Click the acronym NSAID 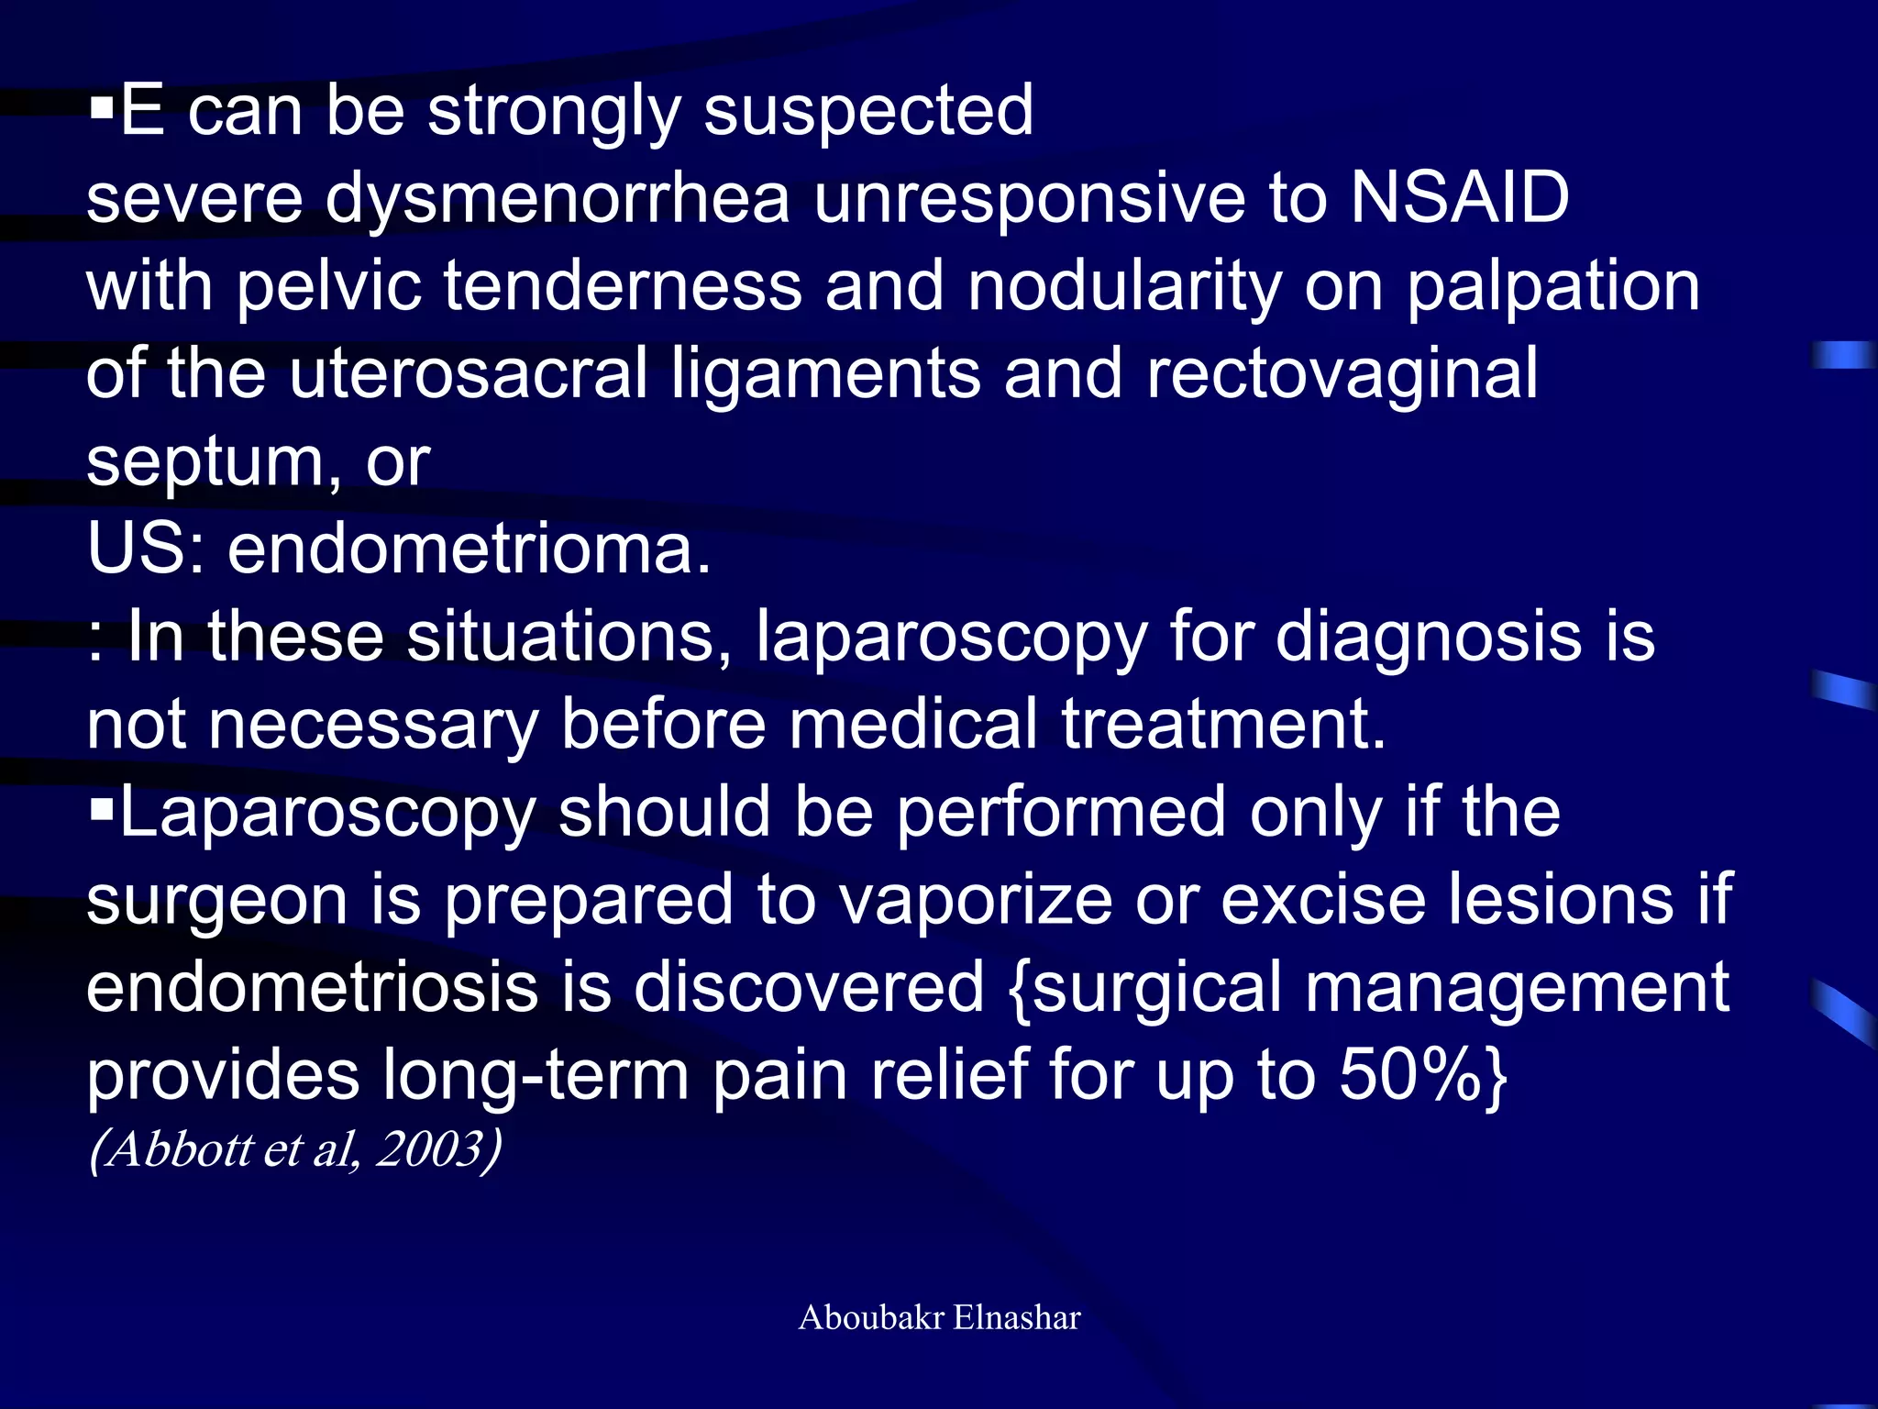tap(1459, 197)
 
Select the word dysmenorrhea tap(558, 199)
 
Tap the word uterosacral tap(468, 373)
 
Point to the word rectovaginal tap(1342, 373)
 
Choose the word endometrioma tap(469, 549)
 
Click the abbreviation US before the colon tap(138, 549)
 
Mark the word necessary tap(373, 725)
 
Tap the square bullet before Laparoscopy tap(101, 808)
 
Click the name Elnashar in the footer tap(1017, 1317)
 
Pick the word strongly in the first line tap(554, 112)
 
